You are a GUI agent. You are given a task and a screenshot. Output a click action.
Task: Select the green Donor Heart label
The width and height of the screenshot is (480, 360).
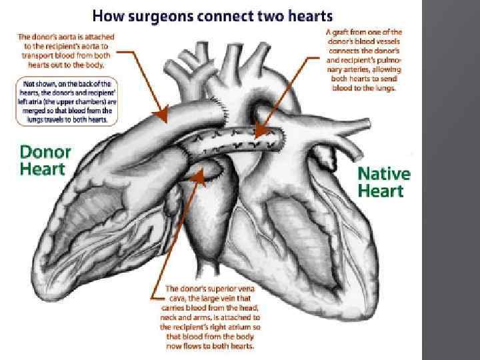43,159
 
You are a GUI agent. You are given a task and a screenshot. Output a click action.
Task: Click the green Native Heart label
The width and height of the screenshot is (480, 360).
384,182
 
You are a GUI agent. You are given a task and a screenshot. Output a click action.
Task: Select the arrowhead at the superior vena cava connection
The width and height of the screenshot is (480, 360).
198,177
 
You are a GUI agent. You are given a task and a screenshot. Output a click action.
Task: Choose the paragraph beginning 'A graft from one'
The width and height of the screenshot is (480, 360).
363,59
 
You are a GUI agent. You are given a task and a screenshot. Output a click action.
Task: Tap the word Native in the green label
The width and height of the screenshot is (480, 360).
384,173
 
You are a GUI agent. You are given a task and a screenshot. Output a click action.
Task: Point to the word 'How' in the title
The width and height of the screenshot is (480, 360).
105,15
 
